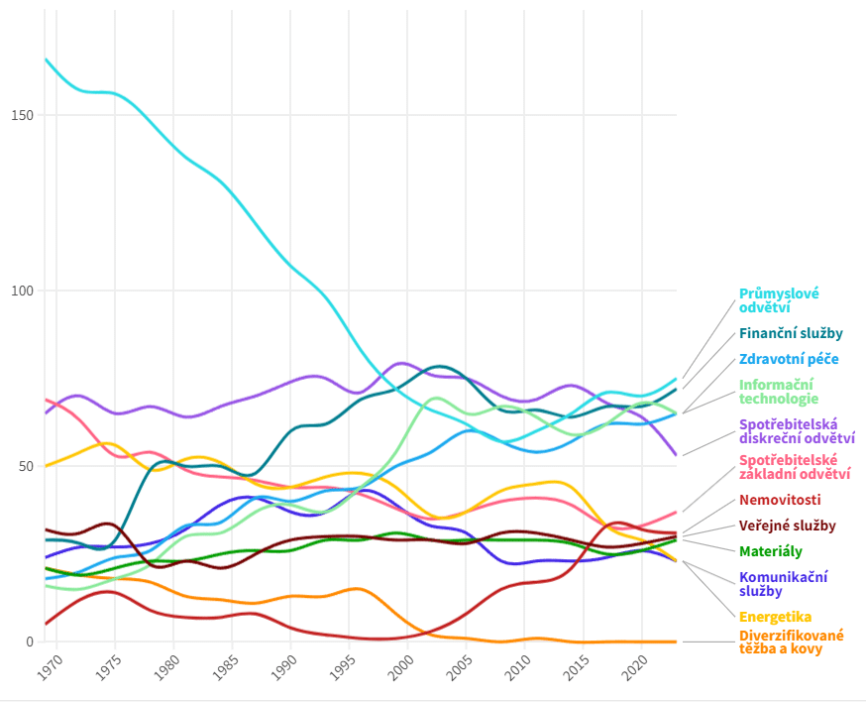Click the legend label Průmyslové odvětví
(x=779, y=300)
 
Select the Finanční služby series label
(x=791, y=334)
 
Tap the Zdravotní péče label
(x=789, y=360)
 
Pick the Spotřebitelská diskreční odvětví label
(x=797, y=430)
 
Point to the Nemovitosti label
(x=780, y=500)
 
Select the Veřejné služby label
(x=787, y=526)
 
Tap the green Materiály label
(x=770, y=551)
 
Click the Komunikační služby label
(x=783, y=584)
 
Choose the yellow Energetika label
(x=775, y=617)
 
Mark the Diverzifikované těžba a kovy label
(x=791, y=642)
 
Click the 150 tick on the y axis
(x=22, y=115)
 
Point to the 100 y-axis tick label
(x=22, y=291)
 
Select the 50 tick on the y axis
(x=26, y=466)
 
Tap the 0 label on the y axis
(x=30, y=642)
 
